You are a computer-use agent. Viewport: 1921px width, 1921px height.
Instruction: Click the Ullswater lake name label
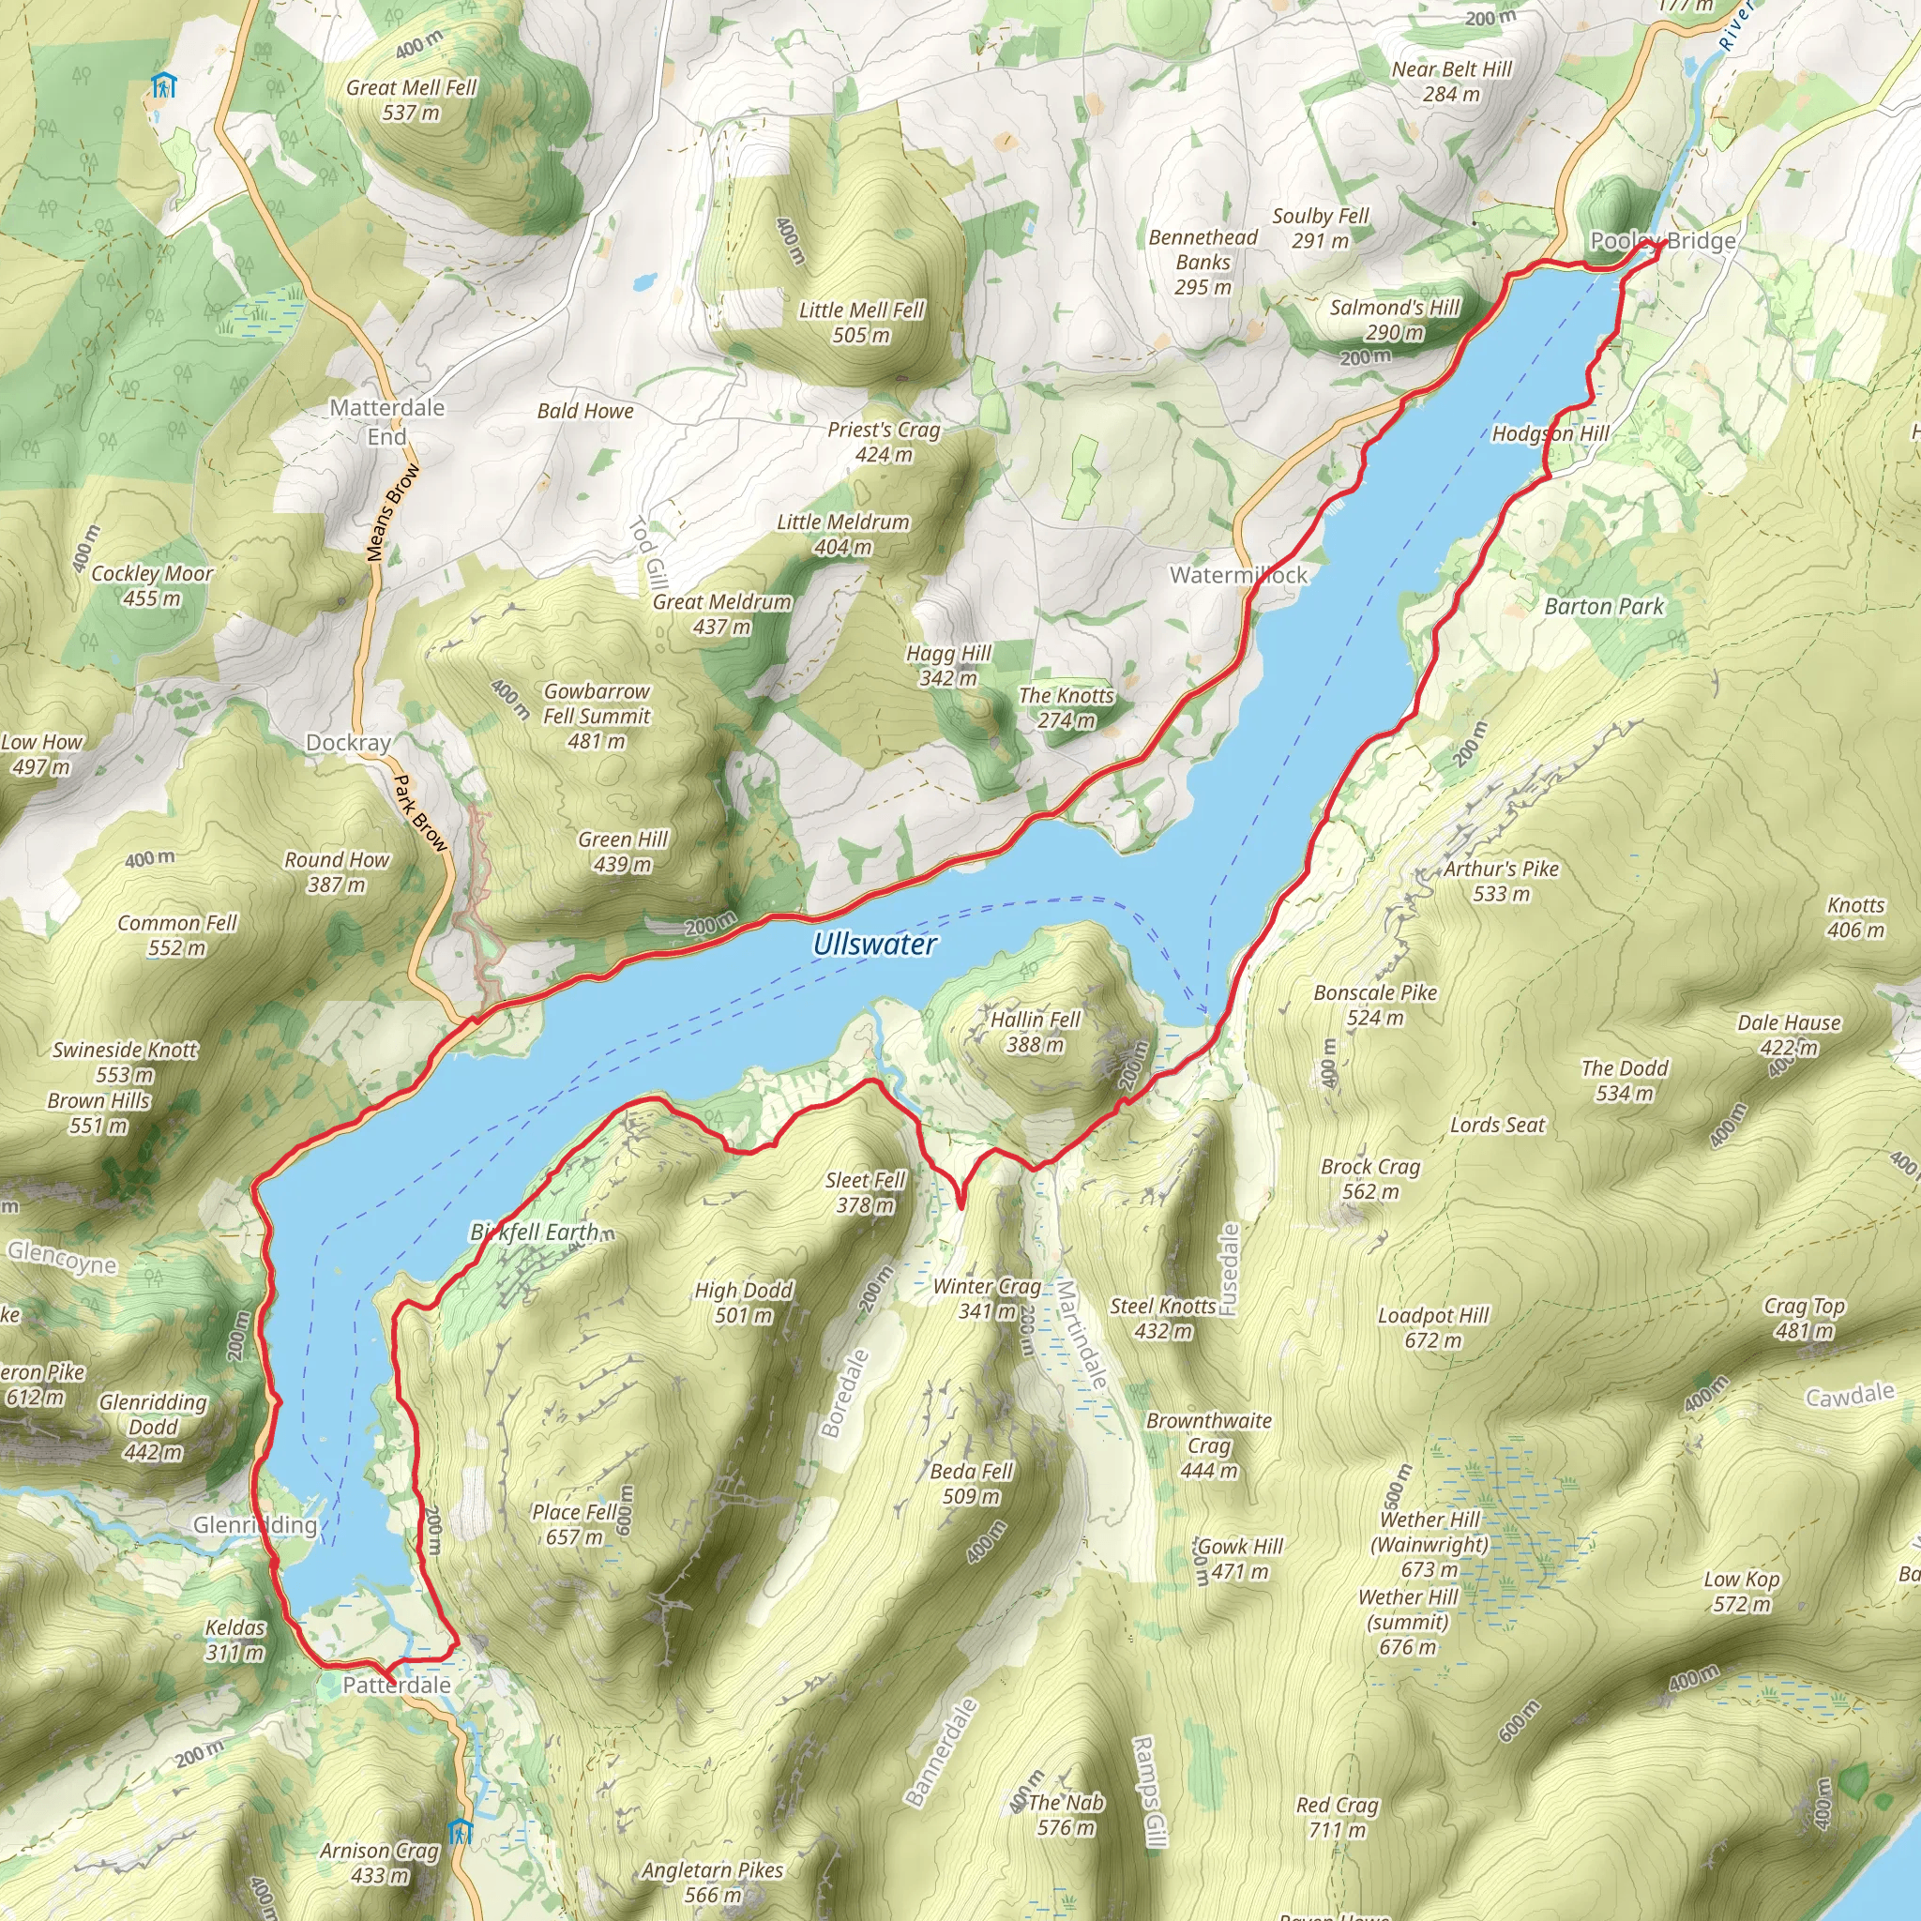(874, 944)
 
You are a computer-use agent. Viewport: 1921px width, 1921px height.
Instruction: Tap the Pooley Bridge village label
(1662, 241)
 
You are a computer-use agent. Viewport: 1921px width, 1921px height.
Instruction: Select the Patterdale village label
(397, 1685)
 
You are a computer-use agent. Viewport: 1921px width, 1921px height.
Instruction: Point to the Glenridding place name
(254, 1524)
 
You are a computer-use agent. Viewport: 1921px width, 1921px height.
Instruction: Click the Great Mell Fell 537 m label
(412, 99)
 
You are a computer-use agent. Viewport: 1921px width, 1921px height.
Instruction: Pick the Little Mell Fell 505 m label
(861, 322)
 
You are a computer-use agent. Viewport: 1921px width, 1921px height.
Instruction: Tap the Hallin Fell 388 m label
(1036, 1031)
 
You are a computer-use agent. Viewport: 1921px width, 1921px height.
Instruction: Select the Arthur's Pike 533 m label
(1502, 880)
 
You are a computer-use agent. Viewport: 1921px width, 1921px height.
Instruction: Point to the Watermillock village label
(1238, 575)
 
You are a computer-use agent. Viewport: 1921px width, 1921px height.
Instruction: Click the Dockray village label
(348, 743)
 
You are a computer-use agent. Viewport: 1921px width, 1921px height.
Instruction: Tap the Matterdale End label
(386, 421)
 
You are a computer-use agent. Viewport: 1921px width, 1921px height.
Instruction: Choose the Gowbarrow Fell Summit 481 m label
(597, 716)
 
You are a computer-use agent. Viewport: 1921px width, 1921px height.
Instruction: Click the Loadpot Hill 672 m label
(1433, 1326)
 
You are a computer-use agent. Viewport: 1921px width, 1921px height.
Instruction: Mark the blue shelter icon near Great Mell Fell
(163, 85)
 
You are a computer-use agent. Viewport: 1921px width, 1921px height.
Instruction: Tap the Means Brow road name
(393, 512)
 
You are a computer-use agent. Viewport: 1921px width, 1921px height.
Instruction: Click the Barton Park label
(1603, 607)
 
